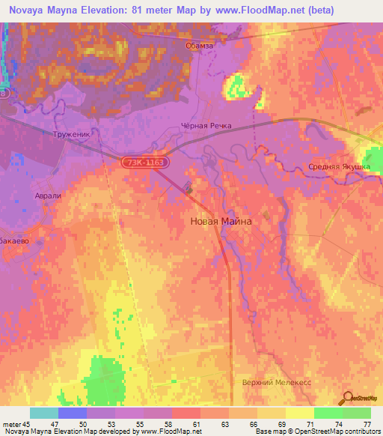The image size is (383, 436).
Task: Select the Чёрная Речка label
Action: [x=207, y=126]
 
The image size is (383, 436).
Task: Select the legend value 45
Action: [x=28, y=423]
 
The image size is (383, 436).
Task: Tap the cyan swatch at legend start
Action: [x=43, y=413]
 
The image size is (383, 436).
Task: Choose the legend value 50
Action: [x=92, y=423]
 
